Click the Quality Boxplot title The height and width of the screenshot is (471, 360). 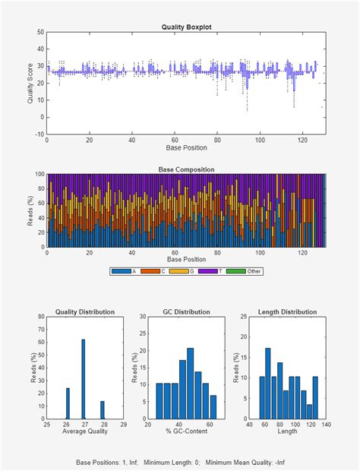point(186,27)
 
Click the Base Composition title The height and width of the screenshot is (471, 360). point(186,169)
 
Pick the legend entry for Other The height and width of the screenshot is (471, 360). point(248,271)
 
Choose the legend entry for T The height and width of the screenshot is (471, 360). point(217,271)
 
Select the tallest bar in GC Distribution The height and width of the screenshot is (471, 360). point(190,384)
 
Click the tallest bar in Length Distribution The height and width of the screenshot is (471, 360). point(267,384)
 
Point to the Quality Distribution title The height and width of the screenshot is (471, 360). point(85,311)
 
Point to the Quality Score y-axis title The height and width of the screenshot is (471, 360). point(30,84)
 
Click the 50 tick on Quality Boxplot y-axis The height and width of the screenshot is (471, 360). point(41,33)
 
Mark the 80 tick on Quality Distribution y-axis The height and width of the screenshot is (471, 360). point(41,318)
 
